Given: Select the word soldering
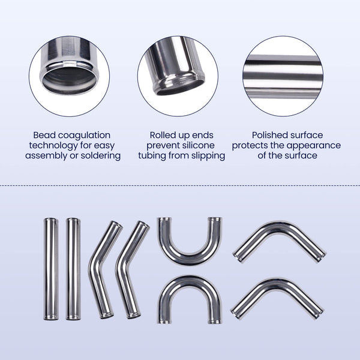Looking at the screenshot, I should pos(100,156).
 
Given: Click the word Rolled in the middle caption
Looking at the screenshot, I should pos(163,136).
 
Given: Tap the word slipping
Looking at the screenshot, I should pos(206,156).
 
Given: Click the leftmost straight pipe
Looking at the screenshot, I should pos(51,269).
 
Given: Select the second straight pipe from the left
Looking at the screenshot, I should pos(73,269).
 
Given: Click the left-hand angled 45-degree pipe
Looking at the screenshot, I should pos(100,270).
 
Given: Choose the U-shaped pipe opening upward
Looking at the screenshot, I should pos(190,255).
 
